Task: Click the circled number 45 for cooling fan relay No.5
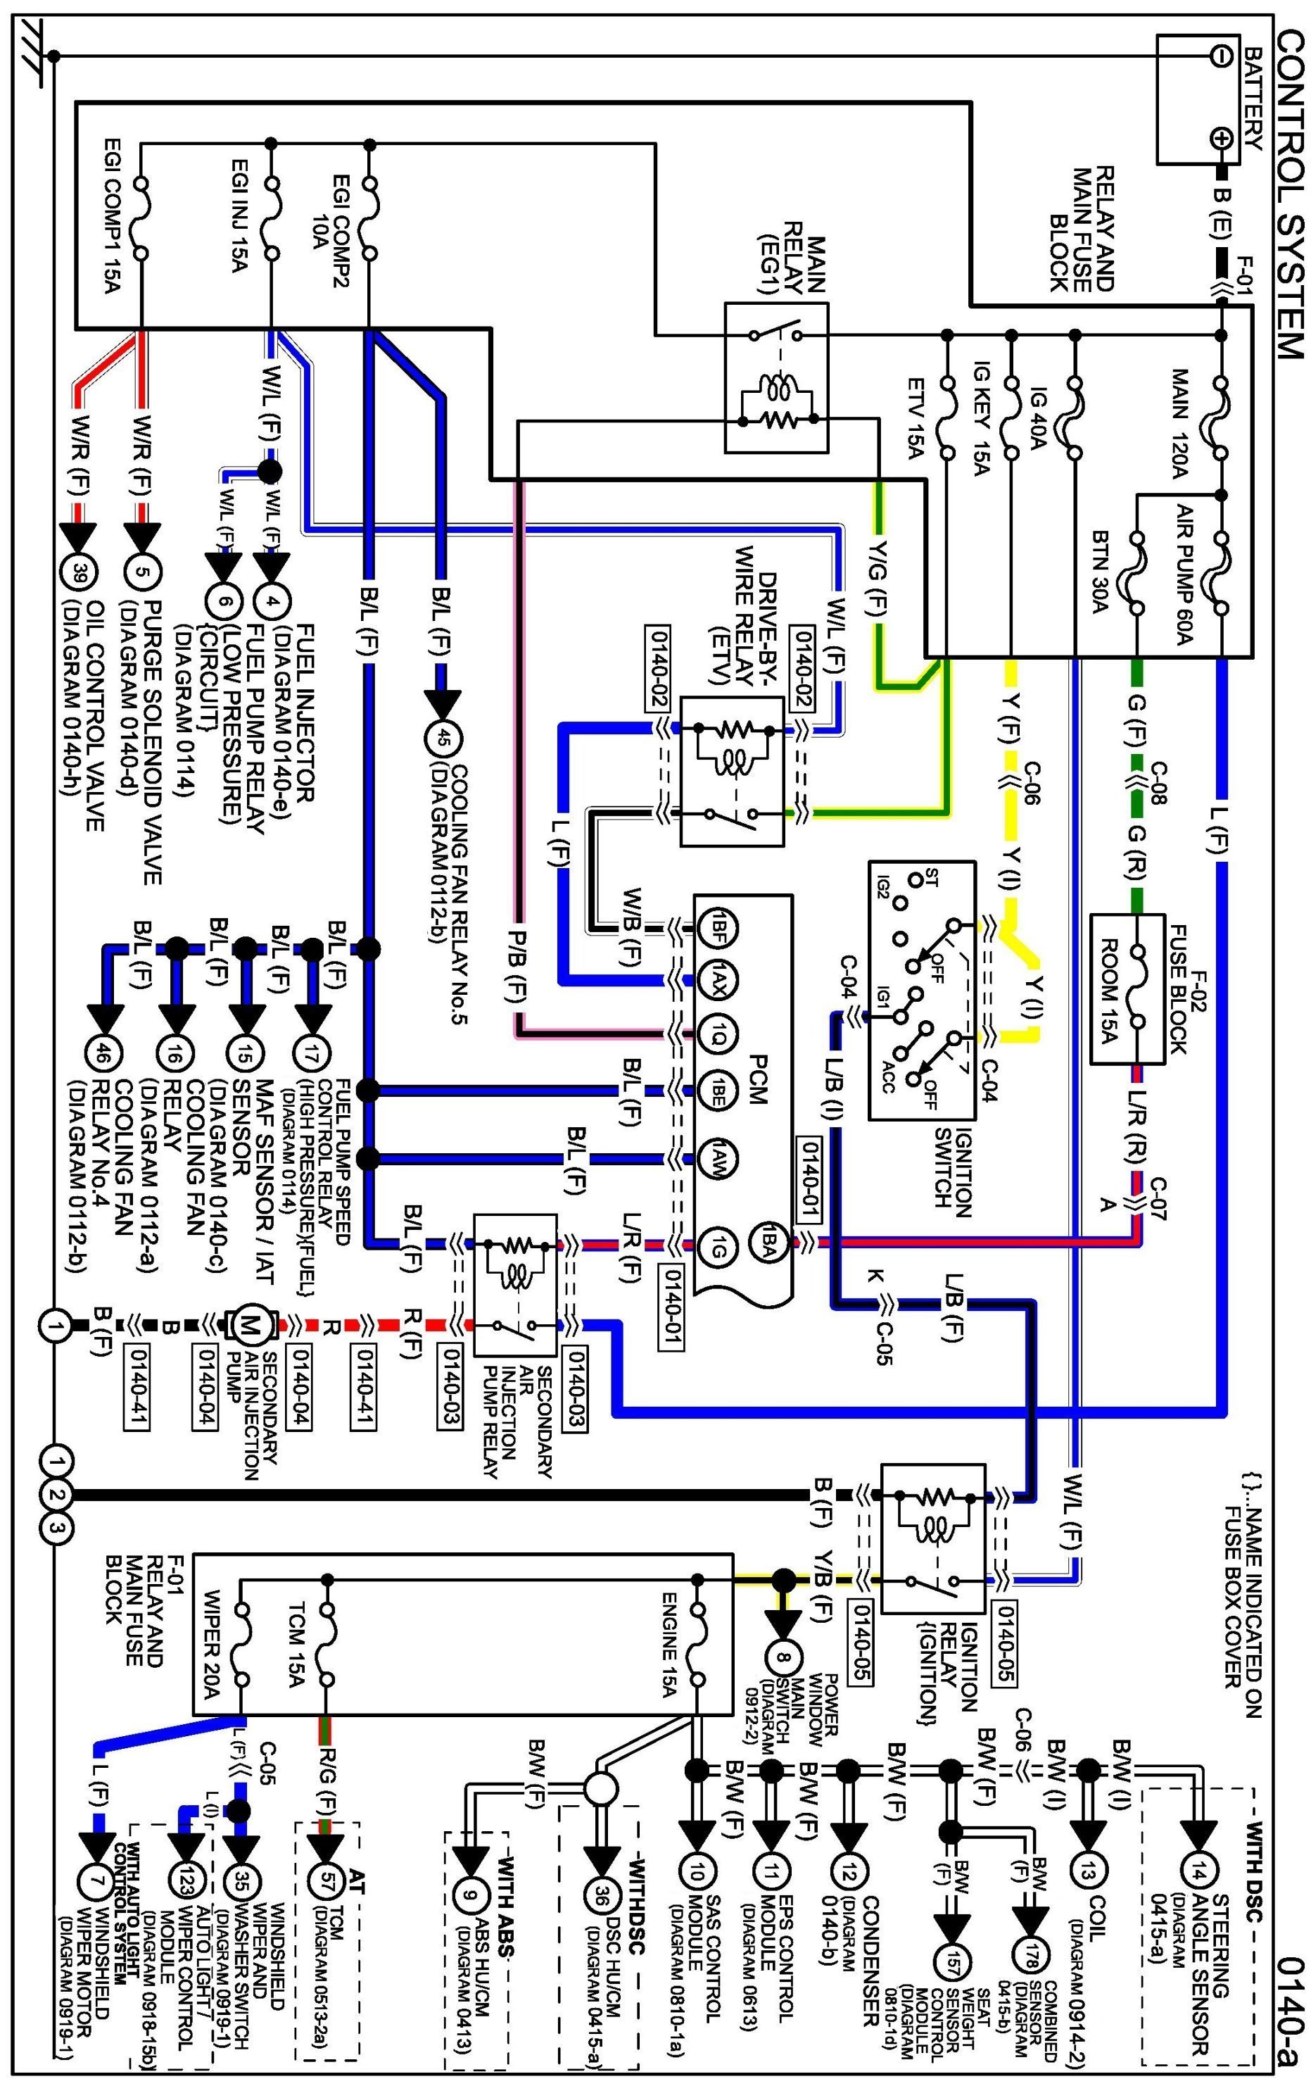[x=443, y=739]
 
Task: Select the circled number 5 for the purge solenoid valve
[x=141, y=572]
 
